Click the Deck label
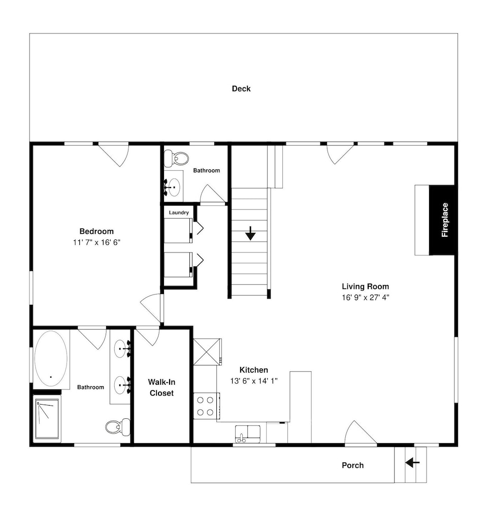tap(241, 89)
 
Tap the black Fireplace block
tap(443, 220)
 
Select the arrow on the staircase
tap(250, 233)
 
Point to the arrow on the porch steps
tap(412, 463)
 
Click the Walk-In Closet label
tap(161, 387)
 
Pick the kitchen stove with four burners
tap(207, 406)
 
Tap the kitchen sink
tap(248, 434)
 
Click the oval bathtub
tap(51, 358)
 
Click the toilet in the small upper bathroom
tap(176, 158)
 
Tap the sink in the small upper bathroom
tap(173, 187)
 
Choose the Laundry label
tap(179, 212)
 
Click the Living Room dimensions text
tap(365, 298)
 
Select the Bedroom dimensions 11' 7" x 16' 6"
tap(96, 242)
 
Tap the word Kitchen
tap(253, 370)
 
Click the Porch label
tap(353, 465)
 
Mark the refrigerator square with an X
tap(207, 352)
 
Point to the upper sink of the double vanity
tap(122, 349)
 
